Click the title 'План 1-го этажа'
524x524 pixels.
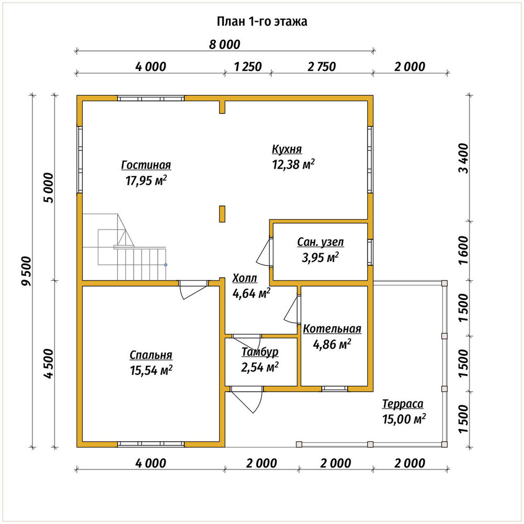click(262, 21)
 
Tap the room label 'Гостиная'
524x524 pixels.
click(146, 165)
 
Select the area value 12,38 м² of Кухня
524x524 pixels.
click(293, 165)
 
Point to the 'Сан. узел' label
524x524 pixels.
click(321, 242)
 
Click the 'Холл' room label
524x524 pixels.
click(245, 278)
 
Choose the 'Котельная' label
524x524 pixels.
click(332, 329)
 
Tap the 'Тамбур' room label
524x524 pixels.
click(260, 352)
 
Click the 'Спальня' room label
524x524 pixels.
click(151, 355)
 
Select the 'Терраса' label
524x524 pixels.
click(402, 404)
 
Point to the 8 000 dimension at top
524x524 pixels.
click(225, 45)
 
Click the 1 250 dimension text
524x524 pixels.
click(248, 67)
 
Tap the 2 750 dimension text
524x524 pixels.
click(322, 67)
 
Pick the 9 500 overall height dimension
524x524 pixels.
click(26, 271)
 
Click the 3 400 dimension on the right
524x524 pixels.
click(464, 158)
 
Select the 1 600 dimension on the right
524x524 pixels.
click(464, 250)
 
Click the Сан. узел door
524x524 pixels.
click(264, 252)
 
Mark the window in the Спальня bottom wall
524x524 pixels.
click(151, 444)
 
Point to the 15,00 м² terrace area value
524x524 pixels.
click(404, 419)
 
